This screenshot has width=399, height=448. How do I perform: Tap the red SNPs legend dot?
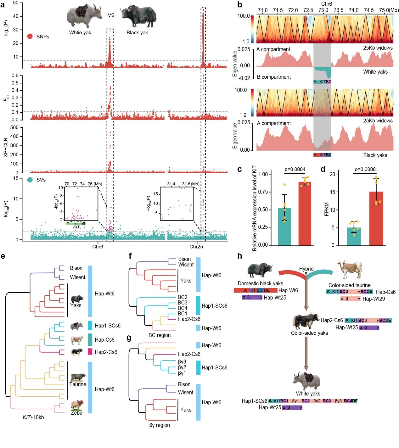[x=30, y=36]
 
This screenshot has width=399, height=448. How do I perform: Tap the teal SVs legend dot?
[x=30, y=180]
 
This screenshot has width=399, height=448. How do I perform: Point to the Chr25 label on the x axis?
[x=196, y=247]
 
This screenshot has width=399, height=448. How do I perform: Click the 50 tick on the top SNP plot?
[x=16, y=3]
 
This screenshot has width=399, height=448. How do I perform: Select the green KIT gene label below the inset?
[x=76, y=227]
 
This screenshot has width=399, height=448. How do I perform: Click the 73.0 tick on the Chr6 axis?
[x=323, y=10]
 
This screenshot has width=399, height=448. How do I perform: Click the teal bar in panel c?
[x=284, y=227]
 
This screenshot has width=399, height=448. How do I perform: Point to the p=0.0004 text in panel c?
[x=295, y=170]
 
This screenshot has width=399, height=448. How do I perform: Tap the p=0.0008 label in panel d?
[x=365, y=170]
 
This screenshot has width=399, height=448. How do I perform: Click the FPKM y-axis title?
[x=327, y=209]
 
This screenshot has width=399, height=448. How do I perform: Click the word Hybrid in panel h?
[x=306, y=269]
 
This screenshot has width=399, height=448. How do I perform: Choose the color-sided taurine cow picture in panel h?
[x=349, y=270]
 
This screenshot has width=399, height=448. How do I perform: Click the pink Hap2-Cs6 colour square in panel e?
[x=90, y=352]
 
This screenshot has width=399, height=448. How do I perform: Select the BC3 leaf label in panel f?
[x=183, y=303]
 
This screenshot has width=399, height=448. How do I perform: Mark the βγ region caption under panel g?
[x=160, y=425]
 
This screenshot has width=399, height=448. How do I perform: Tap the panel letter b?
[x=240, y=5]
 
